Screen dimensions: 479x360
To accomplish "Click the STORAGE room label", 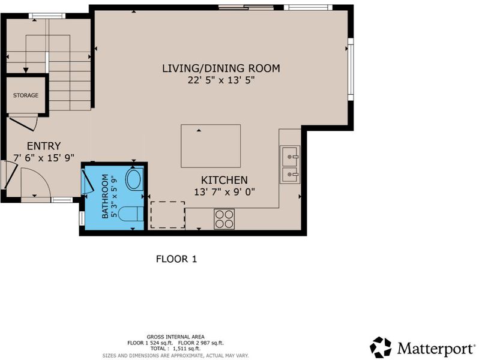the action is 26,95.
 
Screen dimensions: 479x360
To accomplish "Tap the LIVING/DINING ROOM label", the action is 221,68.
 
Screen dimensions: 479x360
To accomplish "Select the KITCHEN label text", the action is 224,180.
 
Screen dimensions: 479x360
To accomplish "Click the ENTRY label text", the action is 44,146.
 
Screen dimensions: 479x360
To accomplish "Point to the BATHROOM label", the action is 105,196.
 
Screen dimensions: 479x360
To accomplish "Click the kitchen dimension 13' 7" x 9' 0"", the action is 224,192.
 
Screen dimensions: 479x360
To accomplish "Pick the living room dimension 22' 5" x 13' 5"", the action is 221,80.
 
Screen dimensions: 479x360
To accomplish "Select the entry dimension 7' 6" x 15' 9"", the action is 44,158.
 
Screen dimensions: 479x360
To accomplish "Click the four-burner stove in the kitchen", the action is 224,219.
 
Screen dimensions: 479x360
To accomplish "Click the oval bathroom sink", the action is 134,179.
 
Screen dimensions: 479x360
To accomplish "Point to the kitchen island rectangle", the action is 211,146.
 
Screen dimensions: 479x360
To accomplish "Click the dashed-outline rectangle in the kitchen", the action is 167,215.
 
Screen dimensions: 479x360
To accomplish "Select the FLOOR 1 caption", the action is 176,259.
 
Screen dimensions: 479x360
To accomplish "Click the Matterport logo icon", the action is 381,347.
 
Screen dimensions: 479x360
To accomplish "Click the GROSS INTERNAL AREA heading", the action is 176,337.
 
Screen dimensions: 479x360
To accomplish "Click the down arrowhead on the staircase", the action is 26,70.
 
